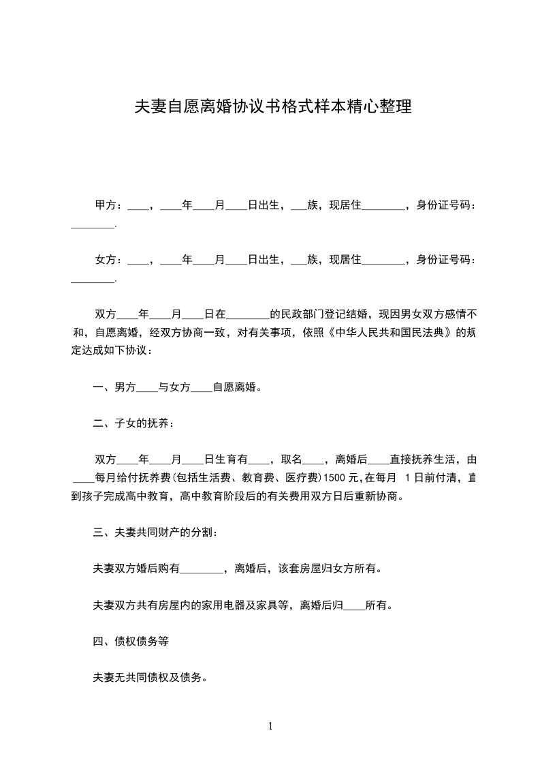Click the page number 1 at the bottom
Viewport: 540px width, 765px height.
270,726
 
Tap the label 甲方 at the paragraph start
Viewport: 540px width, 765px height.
104,205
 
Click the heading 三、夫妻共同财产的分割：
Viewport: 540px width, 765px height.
156,532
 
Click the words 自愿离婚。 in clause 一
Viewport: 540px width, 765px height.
238,387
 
